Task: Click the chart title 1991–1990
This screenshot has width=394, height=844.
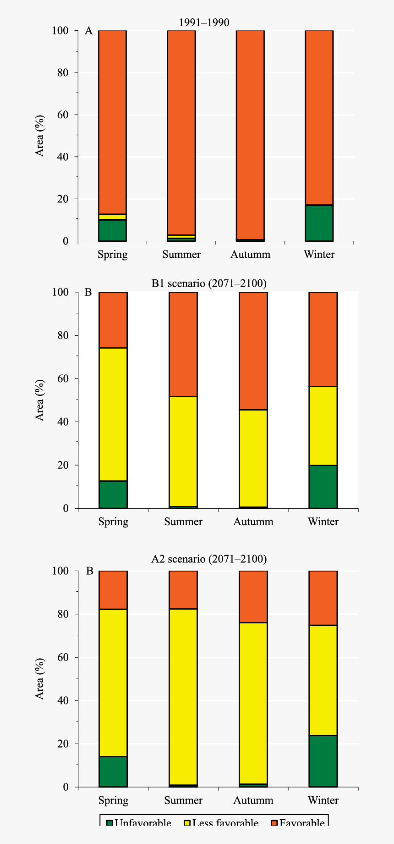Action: point(204,22)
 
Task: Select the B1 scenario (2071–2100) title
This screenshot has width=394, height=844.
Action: point(209,283)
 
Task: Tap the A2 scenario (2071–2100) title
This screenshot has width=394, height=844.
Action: point(209,559)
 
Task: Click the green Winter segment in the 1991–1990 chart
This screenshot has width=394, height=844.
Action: point(319,223)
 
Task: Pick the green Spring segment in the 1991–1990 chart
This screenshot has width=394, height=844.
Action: point(112,230)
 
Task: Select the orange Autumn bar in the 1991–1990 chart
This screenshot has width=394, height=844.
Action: point(250,133)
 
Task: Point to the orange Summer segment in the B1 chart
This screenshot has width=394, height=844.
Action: point(183,344)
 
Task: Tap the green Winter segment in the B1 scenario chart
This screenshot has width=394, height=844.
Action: point(323,487)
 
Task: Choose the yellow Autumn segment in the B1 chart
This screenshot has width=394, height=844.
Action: point(253,458)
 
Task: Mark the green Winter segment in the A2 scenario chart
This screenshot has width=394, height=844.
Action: point(323,761)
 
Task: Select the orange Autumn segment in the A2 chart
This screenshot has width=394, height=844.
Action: point(253,597)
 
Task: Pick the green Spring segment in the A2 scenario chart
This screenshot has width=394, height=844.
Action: point(113,772)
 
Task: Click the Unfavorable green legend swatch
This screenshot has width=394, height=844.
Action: point(109,823)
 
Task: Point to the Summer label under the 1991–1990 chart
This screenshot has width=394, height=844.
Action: point(181,254)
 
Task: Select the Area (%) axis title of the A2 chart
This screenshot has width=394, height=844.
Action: point(40,679)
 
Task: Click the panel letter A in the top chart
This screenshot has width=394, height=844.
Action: point(89,31)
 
